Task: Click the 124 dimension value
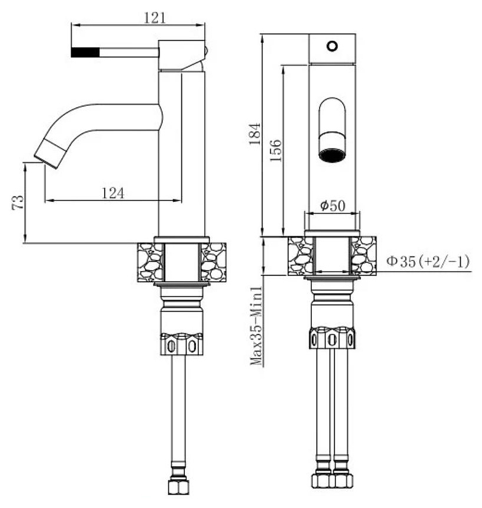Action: point(113,193)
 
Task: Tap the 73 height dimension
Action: point(18,202)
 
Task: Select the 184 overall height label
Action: point(255,133)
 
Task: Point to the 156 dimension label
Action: point(275,151)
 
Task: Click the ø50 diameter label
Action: point(333,205)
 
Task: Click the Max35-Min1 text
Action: point(256,326)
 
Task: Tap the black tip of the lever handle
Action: point(85,52)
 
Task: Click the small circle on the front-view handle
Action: point(332,46)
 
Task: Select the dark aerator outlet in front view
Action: point(332,155)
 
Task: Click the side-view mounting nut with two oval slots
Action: point(182,344)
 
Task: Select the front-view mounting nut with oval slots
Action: point(332,338)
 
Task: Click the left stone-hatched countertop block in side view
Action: point(149,262)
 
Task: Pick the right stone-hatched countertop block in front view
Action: point(364,256)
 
